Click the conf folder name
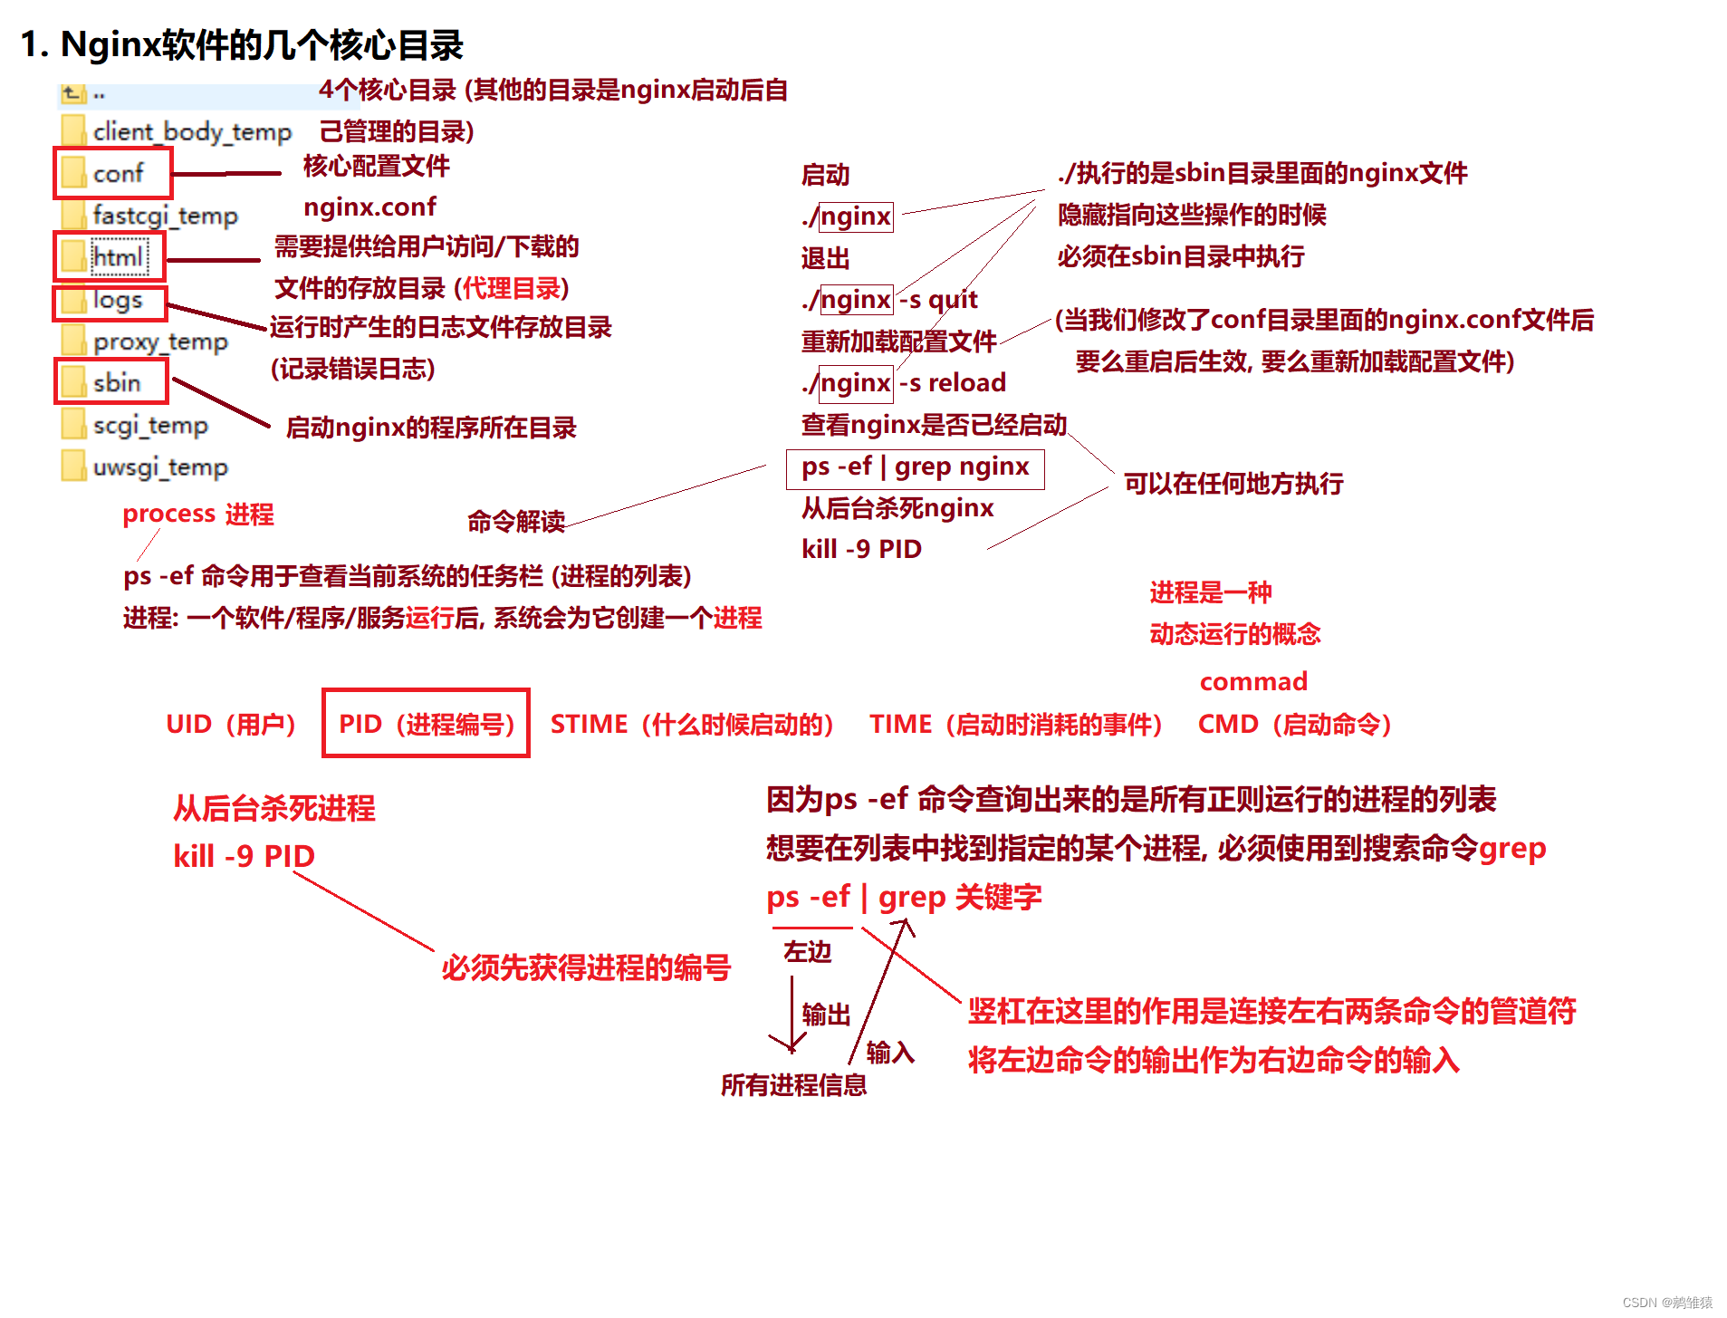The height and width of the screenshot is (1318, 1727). coord(118,173)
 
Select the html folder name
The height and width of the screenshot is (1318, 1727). coord(118,257)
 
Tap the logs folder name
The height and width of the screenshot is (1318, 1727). coord(118,300)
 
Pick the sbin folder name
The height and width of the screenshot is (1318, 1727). coord(117,382)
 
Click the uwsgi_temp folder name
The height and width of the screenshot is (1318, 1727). coord(160,467)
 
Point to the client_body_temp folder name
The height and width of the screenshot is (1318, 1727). coord(192,131)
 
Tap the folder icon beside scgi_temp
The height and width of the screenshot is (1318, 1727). coord(73,424)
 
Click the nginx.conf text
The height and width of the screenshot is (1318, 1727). coord(369,207)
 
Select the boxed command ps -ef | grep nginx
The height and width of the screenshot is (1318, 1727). coord(915,467)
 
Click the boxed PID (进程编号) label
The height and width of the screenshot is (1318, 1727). coord(426,724)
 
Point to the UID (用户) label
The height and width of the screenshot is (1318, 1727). coord(231,725)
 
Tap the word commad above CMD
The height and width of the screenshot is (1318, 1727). coord(1253,681)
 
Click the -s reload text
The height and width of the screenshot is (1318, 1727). coord(952,383)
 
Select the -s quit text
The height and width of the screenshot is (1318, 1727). coord(938,300)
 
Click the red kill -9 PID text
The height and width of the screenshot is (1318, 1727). coord(244,856)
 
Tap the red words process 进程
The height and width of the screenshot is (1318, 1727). coord(198,515)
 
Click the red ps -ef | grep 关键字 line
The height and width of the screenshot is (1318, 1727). coord(904,898)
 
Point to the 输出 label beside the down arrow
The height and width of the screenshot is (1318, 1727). coord(826,1015)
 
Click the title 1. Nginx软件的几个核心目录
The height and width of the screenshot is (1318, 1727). coord(242,44)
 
